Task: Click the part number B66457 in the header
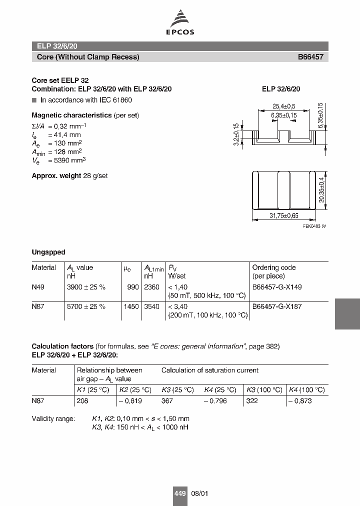coord(310,57)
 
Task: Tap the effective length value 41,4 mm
coord(67,135)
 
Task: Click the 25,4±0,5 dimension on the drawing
coord(283,106)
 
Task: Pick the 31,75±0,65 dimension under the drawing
coord(283,216)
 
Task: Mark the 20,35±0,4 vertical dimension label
coord(321,190)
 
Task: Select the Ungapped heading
coord(48,252)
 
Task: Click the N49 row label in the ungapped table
coord(38,287)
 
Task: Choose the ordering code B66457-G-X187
coord(276,306)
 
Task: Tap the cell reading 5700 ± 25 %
coord(86,306)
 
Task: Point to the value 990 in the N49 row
coord(133,287)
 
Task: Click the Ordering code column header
coord(274,268)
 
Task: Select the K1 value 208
coord(82,401)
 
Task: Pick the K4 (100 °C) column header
coord(306,390)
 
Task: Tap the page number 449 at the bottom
coord(180,493)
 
